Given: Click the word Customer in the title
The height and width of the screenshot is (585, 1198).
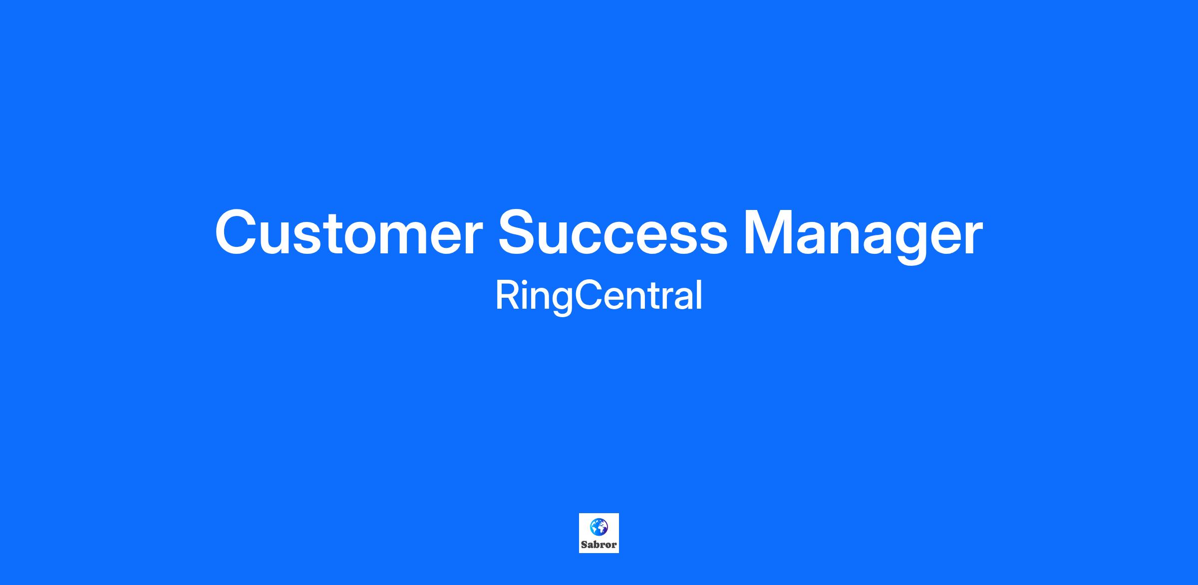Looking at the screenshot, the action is pyautogui.click(x=348, y=232).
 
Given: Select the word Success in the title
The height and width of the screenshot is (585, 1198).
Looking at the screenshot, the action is pyautogui.click(x=613, y=232).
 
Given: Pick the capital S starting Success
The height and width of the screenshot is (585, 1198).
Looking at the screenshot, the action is pyautogui.click(x=519, y=232).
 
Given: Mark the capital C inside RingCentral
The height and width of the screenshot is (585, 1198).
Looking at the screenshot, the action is pyautogui.click(x=589, y=295).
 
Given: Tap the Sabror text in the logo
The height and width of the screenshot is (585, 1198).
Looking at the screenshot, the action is pyautogui.click(x=599, y=545).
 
